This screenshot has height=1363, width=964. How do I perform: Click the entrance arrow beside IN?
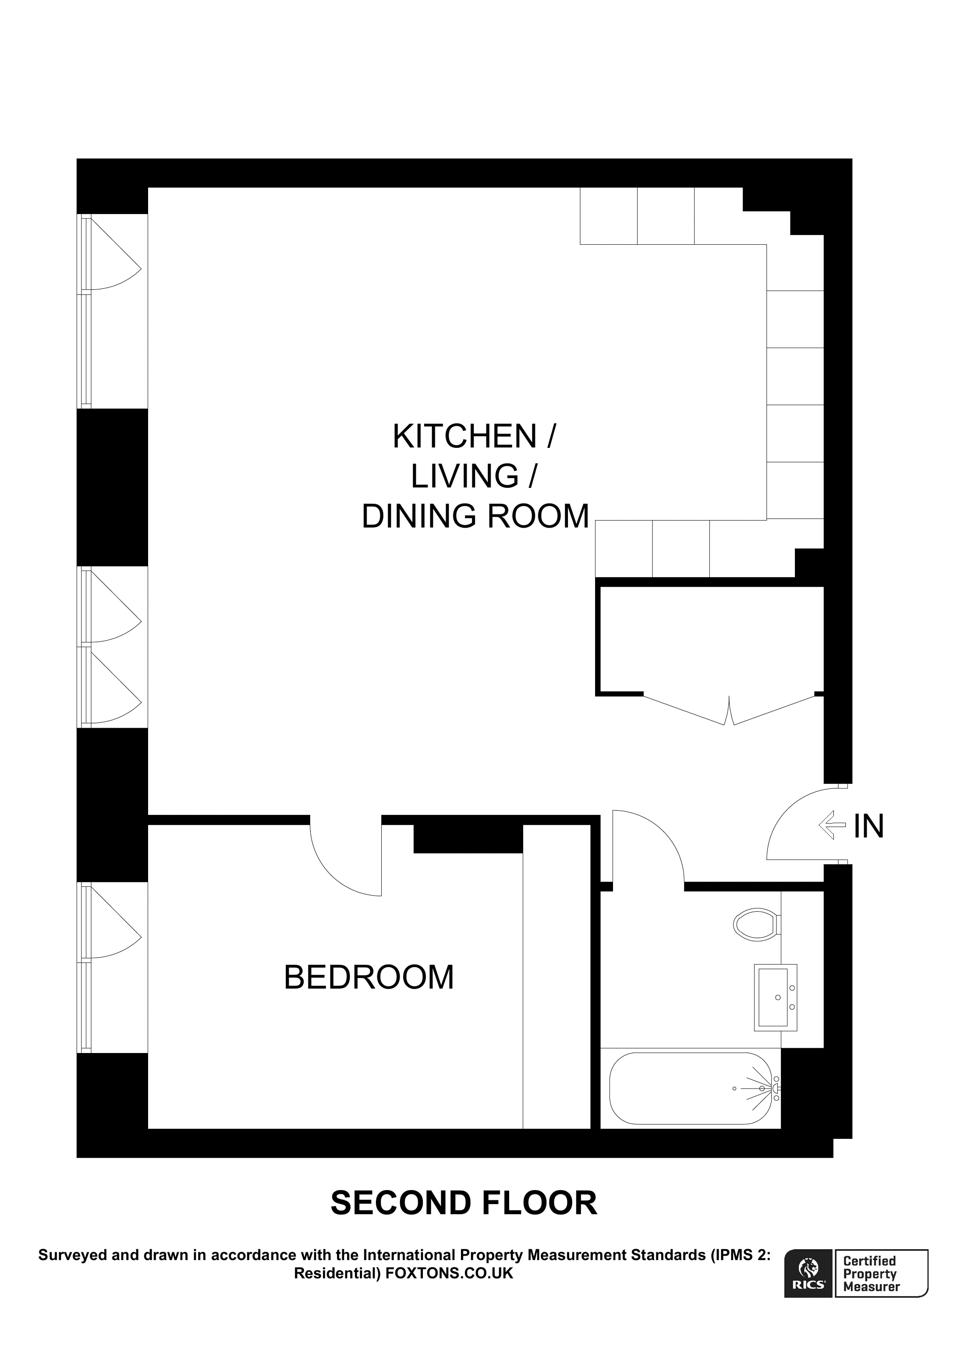(832, 825)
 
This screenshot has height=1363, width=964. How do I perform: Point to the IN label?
(868, 826)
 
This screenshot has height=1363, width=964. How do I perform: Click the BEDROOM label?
(369, 978)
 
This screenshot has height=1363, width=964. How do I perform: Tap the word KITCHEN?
(464, 437)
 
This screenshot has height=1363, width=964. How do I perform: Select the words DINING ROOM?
(475, 517)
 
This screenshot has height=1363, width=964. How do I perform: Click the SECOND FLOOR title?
(463, 1203)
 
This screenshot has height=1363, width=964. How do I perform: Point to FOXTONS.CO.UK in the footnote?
(449, 1273)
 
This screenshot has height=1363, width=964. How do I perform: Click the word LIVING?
(464, 477)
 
